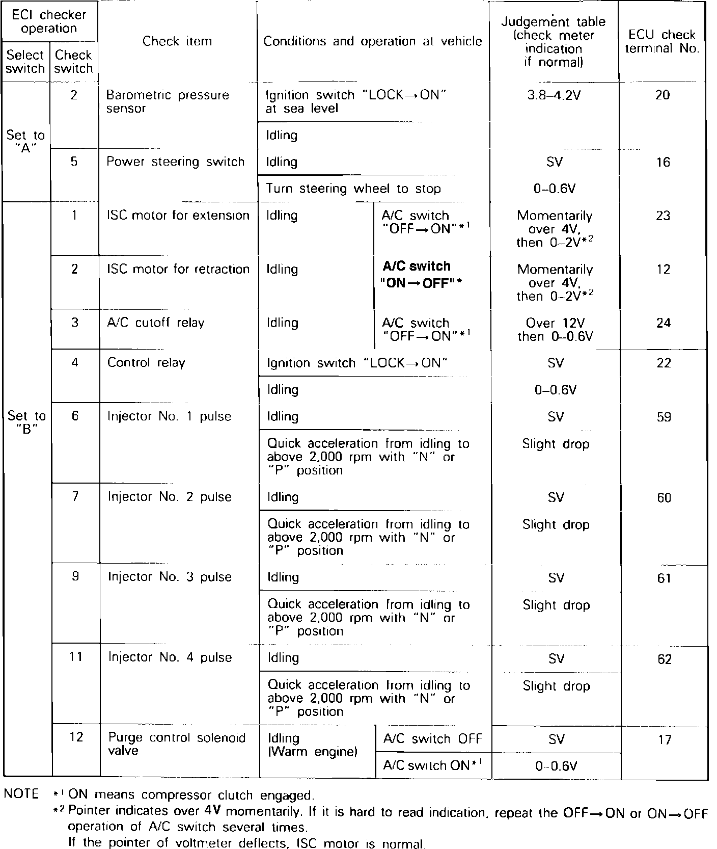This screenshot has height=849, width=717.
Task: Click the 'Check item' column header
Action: [x=177, y=41]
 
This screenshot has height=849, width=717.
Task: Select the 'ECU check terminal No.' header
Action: [x=662, y=41]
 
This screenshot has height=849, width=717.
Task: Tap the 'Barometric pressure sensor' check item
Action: [x=167, y=101]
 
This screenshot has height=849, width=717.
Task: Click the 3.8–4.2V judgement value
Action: [x=554, y=95]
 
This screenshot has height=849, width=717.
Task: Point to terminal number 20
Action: [x=662, y=95]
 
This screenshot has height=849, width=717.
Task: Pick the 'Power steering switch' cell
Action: [x=175, y=162]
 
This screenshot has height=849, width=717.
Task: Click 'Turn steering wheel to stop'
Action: [x=353, y=189]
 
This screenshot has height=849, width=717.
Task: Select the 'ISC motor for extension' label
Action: [x=178, y=216]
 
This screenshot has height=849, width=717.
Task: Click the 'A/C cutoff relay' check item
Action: [x=155, y=323]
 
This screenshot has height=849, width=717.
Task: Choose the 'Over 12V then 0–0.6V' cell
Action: [x=555, y=330]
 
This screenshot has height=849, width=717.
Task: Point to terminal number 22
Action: [x=664, y=363]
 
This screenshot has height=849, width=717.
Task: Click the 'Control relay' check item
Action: [x=146, y=363]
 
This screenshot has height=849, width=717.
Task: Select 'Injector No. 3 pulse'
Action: [x=170, y=577]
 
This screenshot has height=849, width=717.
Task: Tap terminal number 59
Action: [x=664, y=417]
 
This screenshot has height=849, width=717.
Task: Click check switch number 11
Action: [x=76, y=657]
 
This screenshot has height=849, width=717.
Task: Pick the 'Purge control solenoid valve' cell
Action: [x=176, y=744]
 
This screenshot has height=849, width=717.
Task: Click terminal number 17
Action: [x=665, y=739]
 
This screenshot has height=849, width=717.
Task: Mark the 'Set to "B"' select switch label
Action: [x=26, y=422]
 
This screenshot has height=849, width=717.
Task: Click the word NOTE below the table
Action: [x=21, y=794]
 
